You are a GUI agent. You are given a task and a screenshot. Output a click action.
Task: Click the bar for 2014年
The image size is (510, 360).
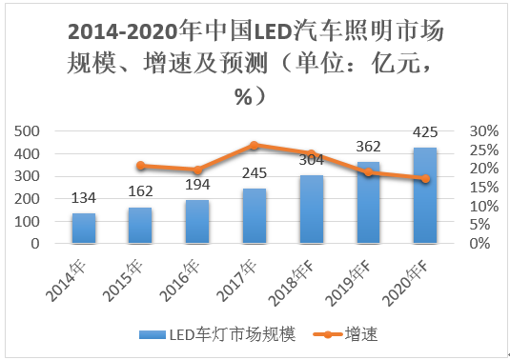(x=84, y=229)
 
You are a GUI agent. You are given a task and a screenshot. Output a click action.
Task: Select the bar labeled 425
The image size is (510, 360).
(x=424, y=195)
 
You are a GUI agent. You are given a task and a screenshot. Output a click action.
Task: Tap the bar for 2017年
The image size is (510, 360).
(x=254, y=216)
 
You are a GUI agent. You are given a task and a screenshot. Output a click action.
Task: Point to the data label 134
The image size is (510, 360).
(x=84, y=198)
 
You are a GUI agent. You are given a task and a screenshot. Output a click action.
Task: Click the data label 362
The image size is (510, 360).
(x=367, y=147)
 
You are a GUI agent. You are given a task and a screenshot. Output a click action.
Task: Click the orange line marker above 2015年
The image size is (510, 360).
(x=141, y=166)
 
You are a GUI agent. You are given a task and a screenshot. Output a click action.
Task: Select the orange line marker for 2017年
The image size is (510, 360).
(x=254, y=146)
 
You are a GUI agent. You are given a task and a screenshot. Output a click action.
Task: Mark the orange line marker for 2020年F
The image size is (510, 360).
(x=424, y=179)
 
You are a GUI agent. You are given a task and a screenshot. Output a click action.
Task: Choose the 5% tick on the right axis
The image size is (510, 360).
(x=488, y=225)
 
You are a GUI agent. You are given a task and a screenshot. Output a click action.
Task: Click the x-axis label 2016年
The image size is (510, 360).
(x=191, y=270)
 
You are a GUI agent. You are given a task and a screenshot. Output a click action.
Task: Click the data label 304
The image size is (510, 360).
(x=311, y=160)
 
